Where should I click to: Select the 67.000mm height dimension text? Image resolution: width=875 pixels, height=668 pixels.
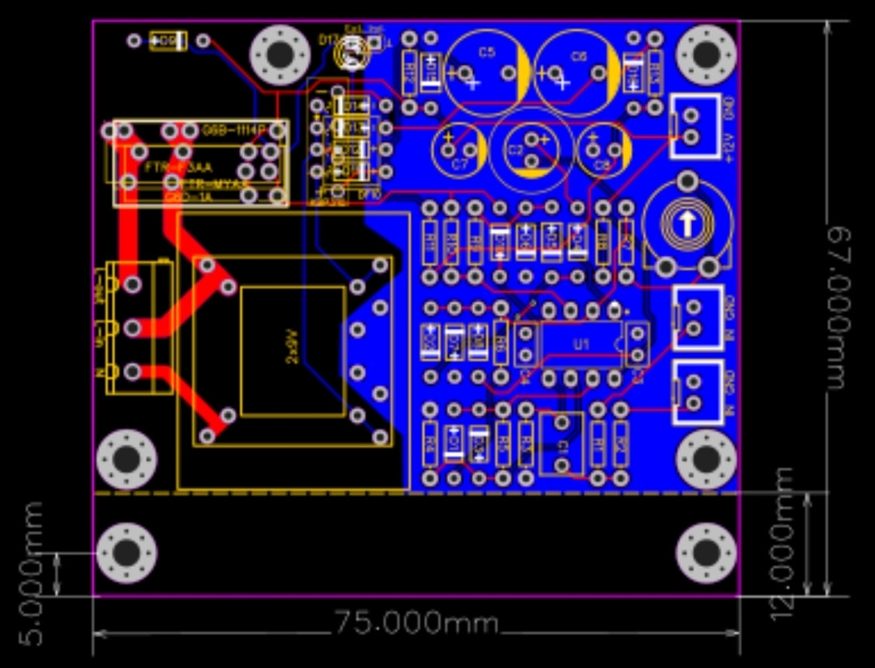click(845, 307)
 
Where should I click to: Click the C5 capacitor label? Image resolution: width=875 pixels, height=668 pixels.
click(486, 53)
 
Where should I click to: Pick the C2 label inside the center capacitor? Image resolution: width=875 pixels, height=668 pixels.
click(516, 151)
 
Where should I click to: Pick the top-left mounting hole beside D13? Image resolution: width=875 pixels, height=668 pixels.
click(280, 55)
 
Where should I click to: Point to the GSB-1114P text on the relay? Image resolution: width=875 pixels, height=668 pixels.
click(233, 131)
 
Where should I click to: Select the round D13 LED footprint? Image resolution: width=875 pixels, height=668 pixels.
click(352, 55)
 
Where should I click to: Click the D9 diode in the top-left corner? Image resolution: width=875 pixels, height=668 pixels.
click(168, 40)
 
